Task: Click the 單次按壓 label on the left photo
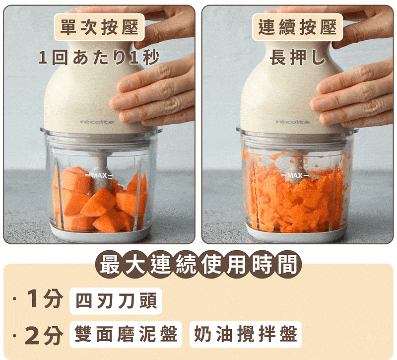click(x=99, y=27)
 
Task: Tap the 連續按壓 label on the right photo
click(x=297, y=27)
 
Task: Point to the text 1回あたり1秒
click(x=99, y=58)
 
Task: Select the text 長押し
click(x=297, y=58)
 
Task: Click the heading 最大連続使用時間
click(x=198, y=264)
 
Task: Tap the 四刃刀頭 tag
click(x=116, y=301)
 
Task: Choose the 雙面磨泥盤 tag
click(x=126, y=334)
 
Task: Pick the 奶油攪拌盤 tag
click(x=246, y=334)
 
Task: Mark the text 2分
click(x=44, y=335)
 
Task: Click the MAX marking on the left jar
click(x=99, y=175)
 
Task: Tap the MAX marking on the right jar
click(x=295, y=175)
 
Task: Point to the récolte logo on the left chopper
click(x=97, y=122)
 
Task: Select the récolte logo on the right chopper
click(x=293, y=122)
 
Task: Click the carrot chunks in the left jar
click(x=100, y=200)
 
